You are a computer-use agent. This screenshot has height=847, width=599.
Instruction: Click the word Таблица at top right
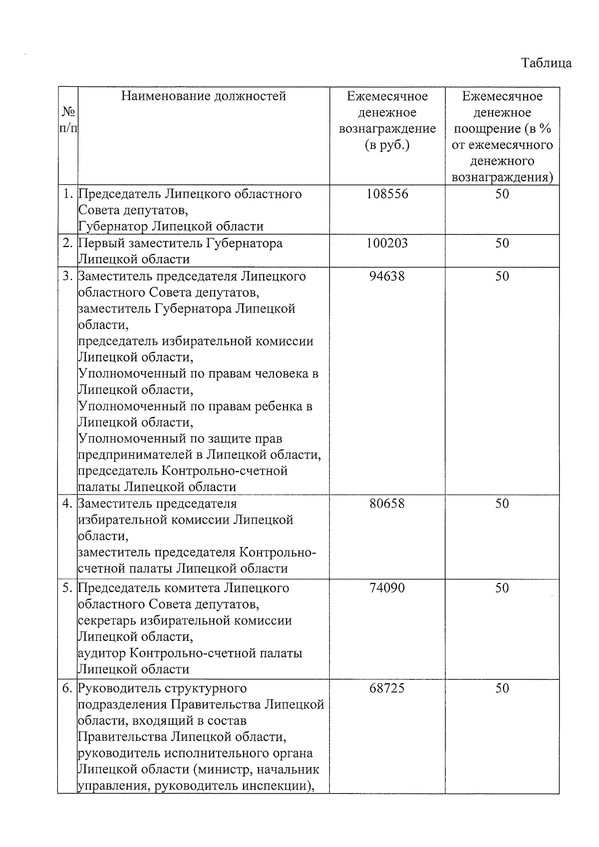click(x=546, y=63)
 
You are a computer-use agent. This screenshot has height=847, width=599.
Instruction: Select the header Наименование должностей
click(x=204, y=96)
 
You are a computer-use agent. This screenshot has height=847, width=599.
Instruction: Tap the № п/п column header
click(x=68, y=120)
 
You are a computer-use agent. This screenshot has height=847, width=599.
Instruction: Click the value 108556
click(x=387, y=194)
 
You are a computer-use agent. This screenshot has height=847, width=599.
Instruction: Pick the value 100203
click(x=387, y=243)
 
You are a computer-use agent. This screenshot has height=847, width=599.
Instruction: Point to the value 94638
click(x=387, y=276)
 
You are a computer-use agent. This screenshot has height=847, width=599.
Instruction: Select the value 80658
click(x=387, y=504)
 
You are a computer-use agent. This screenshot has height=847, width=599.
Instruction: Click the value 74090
click(x=387, y=588)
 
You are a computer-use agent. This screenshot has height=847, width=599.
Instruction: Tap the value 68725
click(x=387, y=688)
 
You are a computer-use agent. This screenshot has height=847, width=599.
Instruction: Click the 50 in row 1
click(x=502, y=194)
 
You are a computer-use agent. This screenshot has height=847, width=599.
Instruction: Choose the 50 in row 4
click(x=502, y=504)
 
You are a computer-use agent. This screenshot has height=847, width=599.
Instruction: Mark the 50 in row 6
click(x=502, y=688)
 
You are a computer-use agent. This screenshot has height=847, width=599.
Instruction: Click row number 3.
click(x=68, y=276)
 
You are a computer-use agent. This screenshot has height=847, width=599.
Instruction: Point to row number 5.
click(x=68, y=588)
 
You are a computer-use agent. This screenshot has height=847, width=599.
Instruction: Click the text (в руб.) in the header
click(x=387, y=145)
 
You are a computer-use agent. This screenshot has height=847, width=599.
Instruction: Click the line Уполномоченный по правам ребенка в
click(x=196, y=406)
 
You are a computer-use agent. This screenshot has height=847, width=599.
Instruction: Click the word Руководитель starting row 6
click(x=118, y=688)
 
